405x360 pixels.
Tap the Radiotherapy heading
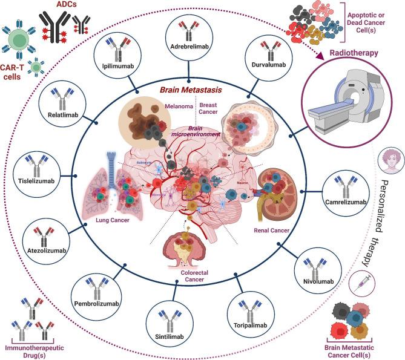coord(354,53)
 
